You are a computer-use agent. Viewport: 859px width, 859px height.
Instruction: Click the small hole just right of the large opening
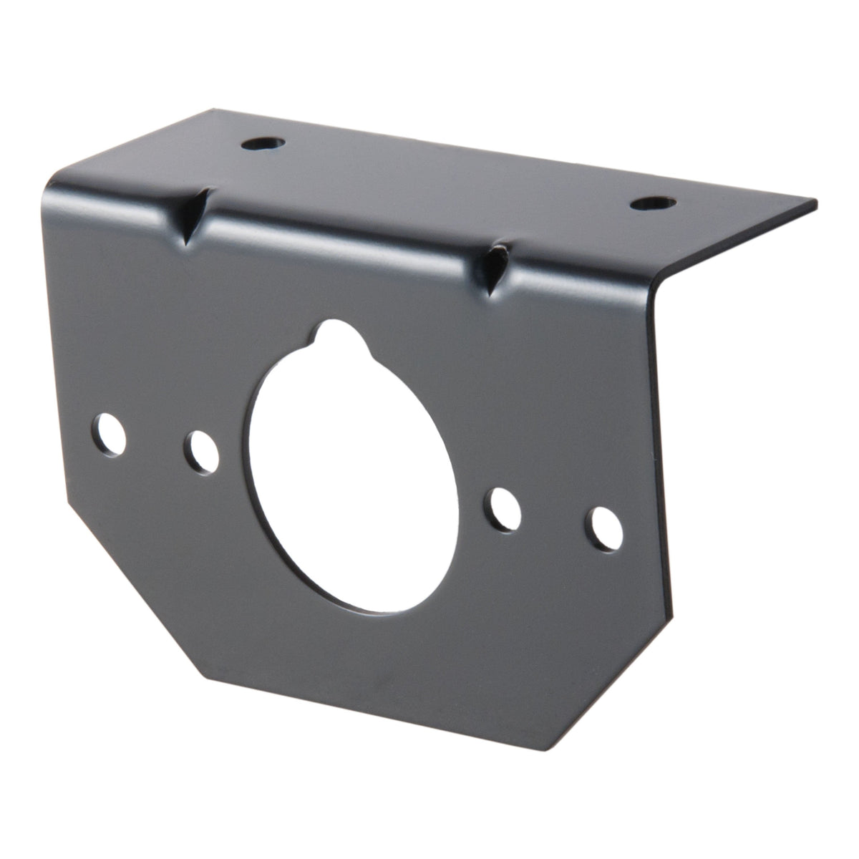(505, 508)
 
